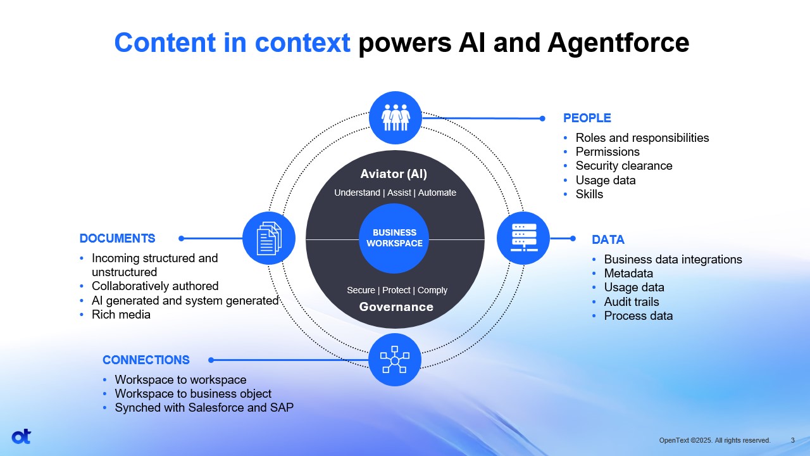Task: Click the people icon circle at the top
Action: click(x=395, y=118)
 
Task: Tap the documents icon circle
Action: click(x=269, y=238)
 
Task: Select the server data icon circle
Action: click(x=523, y=238)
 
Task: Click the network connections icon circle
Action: click(x=395, y=360)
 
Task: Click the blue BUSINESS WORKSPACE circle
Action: click(x=395, y=238)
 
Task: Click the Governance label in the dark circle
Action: click(x=396, y=307)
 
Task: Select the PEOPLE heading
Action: click(x=587, y=118)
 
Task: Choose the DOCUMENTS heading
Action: click(x=117, y=238)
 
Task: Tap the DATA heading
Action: click(x=607, y=239)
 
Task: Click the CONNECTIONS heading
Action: click(x=146, y=360)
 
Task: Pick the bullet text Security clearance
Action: click(x=623, y=166)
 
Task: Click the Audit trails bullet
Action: click(x=631, y=301)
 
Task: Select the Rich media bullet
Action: click(x=121, y=315)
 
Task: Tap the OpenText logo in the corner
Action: click(x=21, y=436)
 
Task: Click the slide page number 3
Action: click(x=793, y=440)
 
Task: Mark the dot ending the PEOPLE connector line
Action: click(x=542, y=118)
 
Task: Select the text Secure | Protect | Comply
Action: click(x=397, y=290)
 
